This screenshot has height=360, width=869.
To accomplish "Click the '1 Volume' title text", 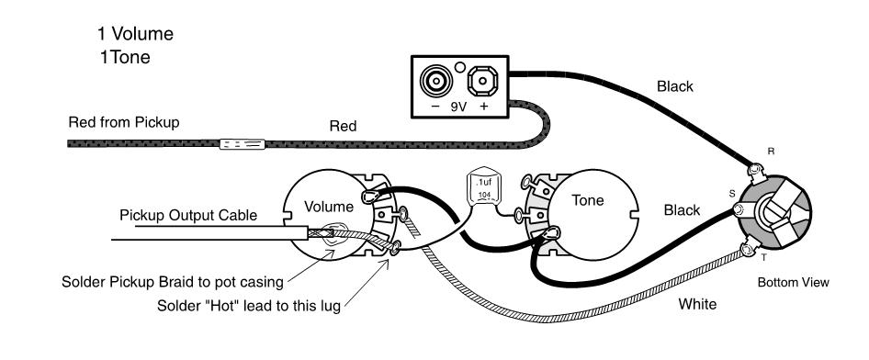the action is (135, 34).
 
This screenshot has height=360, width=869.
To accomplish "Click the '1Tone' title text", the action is (125, 57).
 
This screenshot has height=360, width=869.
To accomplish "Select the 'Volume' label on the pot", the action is (329, 207).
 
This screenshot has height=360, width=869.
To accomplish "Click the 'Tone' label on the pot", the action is (588, 200).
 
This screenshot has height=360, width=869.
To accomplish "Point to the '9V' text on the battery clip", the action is (458, 107).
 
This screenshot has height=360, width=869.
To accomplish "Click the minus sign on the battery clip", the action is (435, 107).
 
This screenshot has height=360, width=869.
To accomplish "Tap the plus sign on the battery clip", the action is (484, 107).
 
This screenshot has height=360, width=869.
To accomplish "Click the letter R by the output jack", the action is (771, 152).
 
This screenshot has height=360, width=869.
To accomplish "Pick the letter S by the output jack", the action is (731, 194).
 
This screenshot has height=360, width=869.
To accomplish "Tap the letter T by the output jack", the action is (763, 257).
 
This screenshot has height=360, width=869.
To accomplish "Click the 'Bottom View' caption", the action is (793, 283).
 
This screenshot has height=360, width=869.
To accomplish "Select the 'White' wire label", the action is (697, 304).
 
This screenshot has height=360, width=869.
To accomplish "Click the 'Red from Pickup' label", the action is (124, 122).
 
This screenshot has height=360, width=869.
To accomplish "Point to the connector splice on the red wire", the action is (243, 144).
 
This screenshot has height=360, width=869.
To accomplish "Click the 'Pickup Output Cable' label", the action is (188, 216).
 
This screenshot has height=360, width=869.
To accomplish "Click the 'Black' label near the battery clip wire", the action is (675, 86).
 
